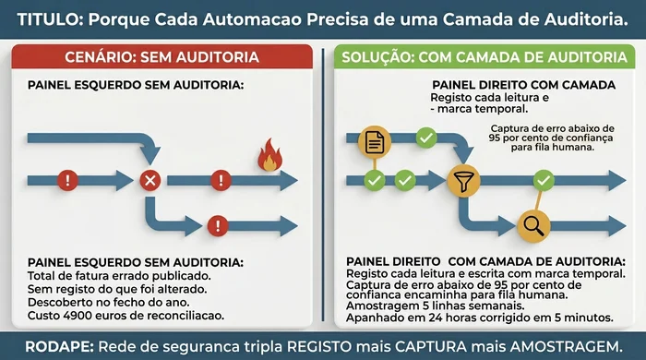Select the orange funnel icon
pyautogui.click(x=462, y=181)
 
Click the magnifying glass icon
pyautogui.click(x=532, y=223)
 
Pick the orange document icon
pyautogui.click(x=374, y=142)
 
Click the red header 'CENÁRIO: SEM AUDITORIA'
pyautogui.click(x=161, y=57)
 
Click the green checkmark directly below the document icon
pyautogui.click(x=374, y=180)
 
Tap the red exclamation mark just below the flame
pyautogui.click(x=219, y=180)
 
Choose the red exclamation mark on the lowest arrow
pyautogui.click(x=218, y=223)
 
